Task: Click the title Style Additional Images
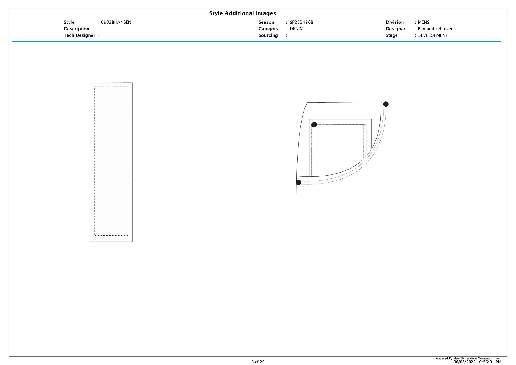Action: coord(242,13)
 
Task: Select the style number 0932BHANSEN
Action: coord(116,22)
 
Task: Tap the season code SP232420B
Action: coord(301,22)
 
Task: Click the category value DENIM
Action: coord(296,29)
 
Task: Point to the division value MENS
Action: coord(424,22)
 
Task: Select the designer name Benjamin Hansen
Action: coord(436,29)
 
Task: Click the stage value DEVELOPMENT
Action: coord(433,35)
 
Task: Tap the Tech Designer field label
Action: coord(80,35)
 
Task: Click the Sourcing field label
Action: coord(268,35)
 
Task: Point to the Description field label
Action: coord(77,29)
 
